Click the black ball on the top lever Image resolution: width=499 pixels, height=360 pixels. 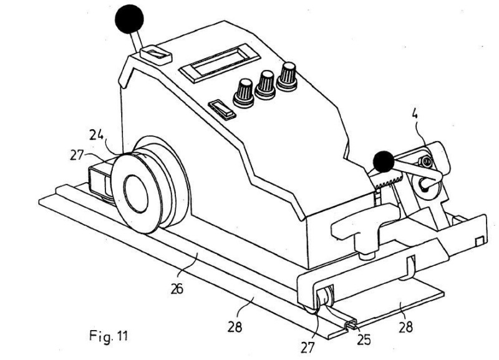[129, 19]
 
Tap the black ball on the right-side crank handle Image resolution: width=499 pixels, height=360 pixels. [384, 162]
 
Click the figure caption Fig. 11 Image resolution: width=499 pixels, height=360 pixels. [109, 336]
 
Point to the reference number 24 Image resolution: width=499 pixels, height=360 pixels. [97, 134]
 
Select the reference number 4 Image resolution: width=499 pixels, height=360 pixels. [415, 114]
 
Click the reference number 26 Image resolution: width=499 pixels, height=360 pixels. [177, 289]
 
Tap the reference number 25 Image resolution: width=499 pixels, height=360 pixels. [364, 340]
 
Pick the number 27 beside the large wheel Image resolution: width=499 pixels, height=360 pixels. [76, 155]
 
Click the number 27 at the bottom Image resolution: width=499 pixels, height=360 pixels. [308, 348]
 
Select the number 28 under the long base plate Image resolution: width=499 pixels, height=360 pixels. [235, 326]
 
